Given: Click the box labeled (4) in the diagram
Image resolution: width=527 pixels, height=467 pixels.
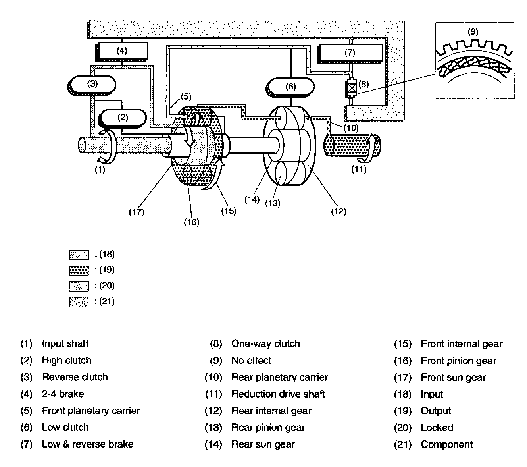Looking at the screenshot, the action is (122, 52).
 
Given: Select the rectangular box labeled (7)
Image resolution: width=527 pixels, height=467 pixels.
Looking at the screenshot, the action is (350, 53).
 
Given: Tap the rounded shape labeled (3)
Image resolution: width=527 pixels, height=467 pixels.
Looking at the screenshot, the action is (92, 85).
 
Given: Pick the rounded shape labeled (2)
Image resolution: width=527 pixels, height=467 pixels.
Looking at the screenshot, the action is (122, 118).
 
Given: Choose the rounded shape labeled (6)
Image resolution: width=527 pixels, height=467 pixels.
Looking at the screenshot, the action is (290, 87).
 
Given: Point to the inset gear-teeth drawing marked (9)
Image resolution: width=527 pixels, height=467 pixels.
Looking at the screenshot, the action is (475, 60).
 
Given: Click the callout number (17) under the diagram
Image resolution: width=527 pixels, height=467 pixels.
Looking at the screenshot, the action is (137, 212).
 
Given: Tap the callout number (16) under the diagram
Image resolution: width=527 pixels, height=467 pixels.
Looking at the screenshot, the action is (191, 222).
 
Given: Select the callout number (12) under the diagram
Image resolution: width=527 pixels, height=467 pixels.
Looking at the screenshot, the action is (339, 211).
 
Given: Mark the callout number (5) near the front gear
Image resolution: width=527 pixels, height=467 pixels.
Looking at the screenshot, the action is (186, 96).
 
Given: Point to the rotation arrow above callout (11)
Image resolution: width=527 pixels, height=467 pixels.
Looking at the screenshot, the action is (369, 149).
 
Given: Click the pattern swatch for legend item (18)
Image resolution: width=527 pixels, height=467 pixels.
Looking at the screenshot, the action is (79, 255).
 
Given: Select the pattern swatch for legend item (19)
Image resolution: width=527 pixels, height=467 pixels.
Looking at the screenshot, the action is (79, 270).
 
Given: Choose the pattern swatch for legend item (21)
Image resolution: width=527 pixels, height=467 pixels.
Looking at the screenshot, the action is (79, 302).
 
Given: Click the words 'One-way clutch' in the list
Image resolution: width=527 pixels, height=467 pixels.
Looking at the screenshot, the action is (265, 343).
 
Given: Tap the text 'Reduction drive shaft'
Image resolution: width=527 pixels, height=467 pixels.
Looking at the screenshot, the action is (278, 394).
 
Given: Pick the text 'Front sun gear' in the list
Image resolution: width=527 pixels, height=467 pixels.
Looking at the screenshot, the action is (453, 377).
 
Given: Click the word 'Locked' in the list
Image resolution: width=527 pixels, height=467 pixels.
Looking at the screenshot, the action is (437, 427).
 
